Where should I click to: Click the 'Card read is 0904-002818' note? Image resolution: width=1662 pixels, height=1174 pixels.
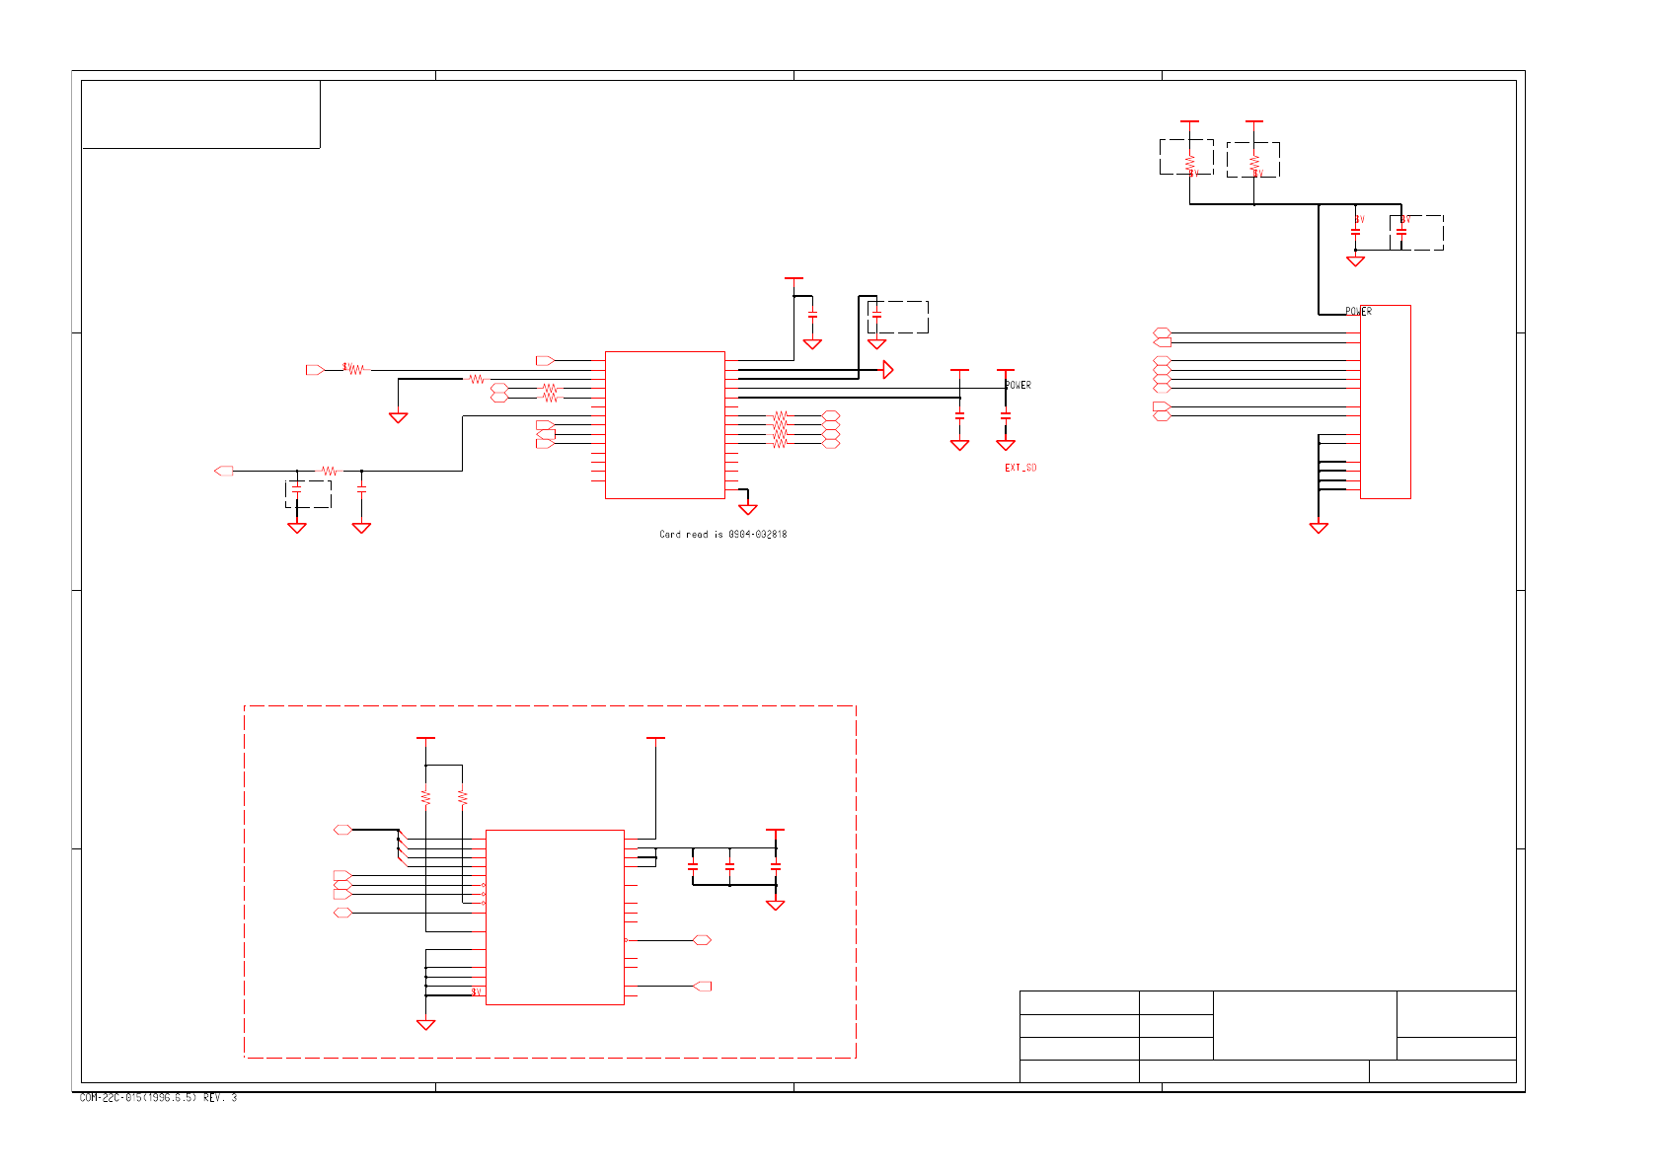click(722, 535)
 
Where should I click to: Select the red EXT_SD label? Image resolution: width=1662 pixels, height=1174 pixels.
click(1020, 468)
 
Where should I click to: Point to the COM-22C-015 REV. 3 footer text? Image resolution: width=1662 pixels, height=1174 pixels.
click(158, 1098)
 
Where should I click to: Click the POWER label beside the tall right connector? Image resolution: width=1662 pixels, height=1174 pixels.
click(1358, 312)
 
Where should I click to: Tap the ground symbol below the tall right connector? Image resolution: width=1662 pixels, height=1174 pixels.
click(1319, 528)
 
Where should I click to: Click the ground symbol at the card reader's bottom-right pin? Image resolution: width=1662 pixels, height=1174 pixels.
click(748, 509)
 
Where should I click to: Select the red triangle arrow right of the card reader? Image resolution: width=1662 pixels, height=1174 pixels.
click(888, 370)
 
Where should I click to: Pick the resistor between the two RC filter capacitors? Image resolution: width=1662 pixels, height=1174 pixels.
click(329, 472)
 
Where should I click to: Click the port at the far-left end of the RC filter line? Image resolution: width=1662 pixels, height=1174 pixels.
click(224, 472)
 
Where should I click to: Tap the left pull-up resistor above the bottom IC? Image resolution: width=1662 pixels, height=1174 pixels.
click(425, 796)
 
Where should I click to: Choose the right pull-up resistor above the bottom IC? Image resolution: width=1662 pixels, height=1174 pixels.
click(463, 796)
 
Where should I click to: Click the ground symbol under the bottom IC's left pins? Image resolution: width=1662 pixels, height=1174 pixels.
click(425, 1025)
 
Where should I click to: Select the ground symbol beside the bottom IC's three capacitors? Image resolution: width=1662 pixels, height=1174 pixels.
click(776, 905)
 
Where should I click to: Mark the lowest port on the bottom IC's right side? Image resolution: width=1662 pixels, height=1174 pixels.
click(702, 986)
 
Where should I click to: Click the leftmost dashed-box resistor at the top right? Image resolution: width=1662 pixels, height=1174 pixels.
click(1190, 161)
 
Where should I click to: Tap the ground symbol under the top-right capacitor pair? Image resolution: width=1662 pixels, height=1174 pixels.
click(1355, 261)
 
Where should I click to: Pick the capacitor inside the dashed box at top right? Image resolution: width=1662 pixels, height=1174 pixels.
click(1401, 233)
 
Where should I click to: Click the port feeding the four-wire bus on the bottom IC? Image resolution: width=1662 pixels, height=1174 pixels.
click(342, 830)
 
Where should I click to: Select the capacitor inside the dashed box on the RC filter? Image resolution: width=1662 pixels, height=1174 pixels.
click(296, 490)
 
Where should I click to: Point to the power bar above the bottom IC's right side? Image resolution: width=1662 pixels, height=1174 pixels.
click(655, 738)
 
